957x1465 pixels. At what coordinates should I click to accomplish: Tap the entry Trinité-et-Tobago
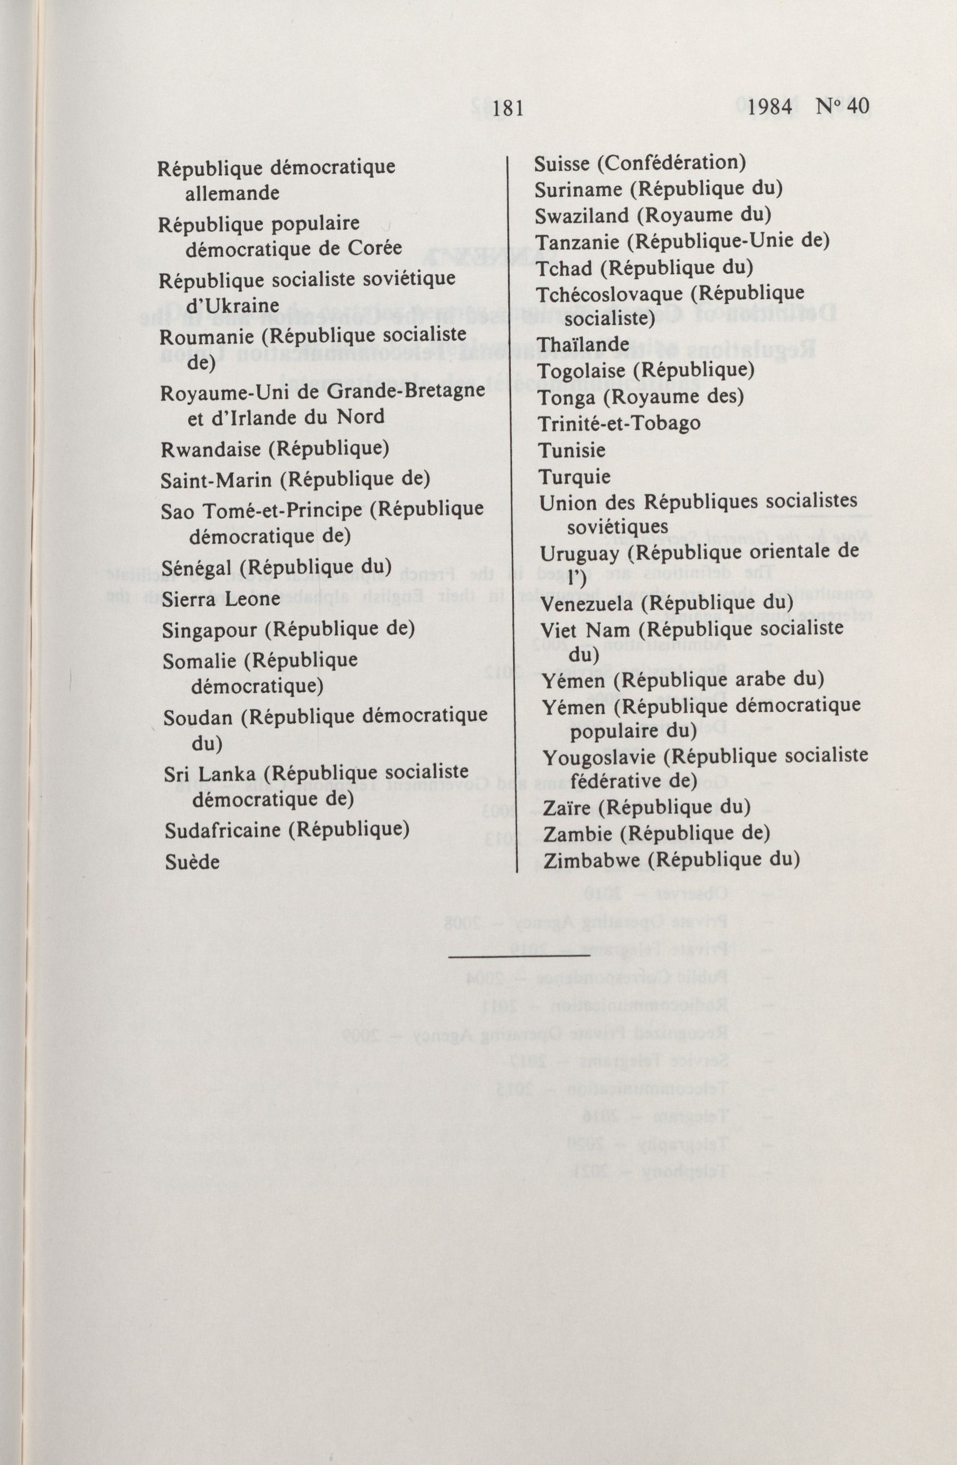click(619, 423)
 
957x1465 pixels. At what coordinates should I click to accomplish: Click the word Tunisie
click(572, 450)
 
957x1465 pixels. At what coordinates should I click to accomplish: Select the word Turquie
click(575, 477)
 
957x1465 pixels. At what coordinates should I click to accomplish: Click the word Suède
click(192, 862)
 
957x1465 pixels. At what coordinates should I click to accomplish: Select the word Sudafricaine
click(222, 830)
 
